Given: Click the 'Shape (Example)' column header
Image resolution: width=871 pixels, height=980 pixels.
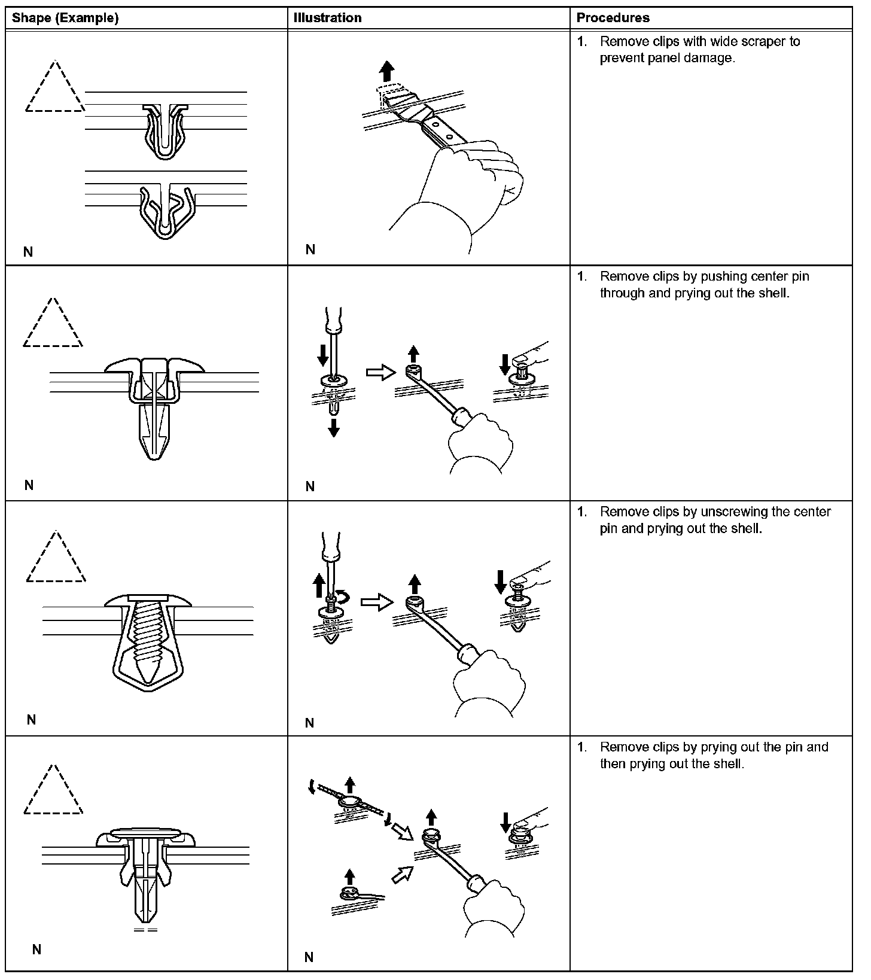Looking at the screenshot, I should point(65,18).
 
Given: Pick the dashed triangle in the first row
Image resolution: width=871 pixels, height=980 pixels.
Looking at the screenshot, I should point(54,89).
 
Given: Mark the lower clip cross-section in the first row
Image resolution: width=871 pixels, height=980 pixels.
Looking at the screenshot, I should point(166,209).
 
